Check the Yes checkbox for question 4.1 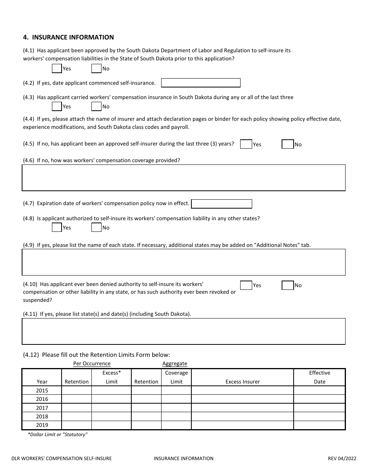click(x=57, y=68)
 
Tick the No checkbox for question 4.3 click(x=96, y=106)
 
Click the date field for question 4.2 click(x=200, y=83)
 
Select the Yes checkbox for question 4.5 click(x=246, y=144)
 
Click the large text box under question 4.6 click(x=183, y=178)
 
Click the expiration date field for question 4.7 click(x=222, y=204)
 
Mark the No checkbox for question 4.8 click(x=96, y=228)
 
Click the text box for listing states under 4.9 click(x=183, y=262)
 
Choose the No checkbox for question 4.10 click(x=287, y=286)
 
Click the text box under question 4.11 click(x=183, y=331)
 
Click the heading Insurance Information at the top click(x=69, y=38)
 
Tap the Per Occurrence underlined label click(x=92, y=364)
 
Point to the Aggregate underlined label click(x=175, y=364)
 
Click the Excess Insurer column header click(x=242, y=382)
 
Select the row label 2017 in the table click(x=42, y=408)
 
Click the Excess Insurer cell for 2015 click(x=242, y=390)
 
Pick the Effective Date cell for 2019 click(x=319, y=425)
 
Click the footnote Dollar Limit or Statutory click(x=58, y=435)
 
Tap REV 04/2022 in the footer click(x=342, y=459)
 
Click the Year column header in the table click(x=42, y=382)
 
